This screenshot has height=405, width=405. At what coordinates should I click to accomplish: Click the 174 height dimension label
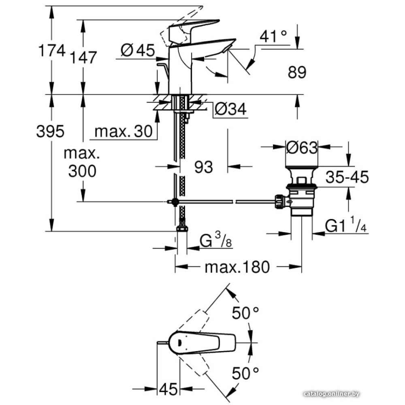[x=51, y=51]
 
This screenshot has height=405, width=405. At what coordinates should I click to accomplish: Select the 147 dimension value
[x=83, y=57]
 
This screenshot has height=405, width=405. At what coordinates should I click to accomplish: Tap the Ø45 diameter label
[x=138, y=50]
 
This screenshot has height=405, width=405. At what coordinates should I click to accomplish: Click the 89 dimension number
[x=297, y=72]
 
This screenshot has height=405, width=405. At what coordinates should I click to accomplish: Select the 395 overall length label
[x=50, y=131]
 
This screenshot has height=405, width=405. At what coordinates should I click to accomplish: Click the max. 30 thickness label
[x=124, y=131]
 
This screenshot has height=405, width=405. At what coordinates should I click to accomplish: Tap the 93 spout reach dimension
[x=203, y=166]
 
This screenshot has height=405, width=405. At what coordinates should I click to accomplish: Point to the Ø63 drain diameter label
[x=301, y=148]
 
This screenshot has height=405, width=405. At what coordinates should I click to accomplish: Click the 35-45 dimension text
[x=347, y=177]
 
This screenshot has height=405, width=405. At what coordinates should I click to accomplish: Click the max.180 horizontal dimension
[x=237, y=267]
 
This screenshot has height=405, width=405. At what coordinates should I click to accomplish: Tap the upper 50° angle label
[x=245, y=313]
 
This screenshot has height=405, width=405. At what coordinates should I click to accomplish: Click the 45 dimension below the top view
[x=168, y=390]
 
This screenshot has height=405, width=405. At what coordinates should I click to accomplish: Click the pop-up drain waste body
[x=301, y=194]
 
